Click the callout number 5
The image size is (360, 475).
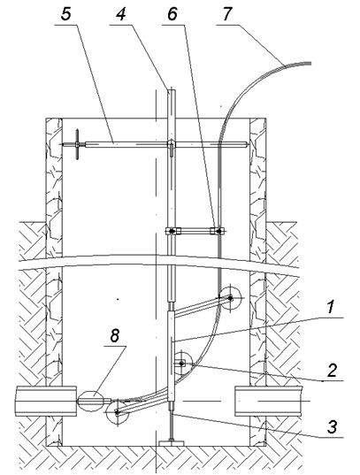pyautogui.click(x=66, y=14)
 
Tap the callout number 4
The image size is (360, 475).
pyautogui.click(x=120, y=14)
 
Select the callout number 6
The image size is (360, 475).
pyautogui.click(x=172, y=14)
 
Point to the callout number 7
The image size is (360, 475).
pyautogui.click(x=227, y=14)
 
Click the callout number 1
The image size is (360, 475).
pyautogui.click(x=332, y=307)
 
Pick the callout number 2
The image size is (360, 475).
pyautogui.click(x=332, y=370)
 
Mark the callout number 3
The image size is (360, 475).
pyautogui.click(x=332, y=427)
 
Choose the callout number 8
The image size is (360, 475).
pyautogui.click(x=115, y=336)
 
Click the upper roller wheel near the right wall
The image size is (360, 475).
pyautogui.click(x=230, y=298)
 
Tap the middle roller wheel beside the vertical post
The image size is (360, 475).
pyautogui.click(x=181, y=364)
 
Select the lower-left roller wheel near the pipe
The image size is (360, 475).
pyautogui.click(x=118, y=411)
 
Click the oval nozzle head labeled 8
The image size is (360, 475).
pyautogui.click(x=91, y=401)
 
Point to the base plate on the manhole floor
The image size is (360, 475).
pyautogui.click(x=172, y=443)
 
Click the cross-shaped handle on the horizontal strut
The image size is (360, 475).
pyautogui.click(x=77, y=144)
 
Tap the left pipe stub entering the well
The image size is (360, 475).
pyautogui.click(x=46, y=401)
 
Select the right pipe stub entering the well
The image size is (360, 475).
pyautogui.click(x=269, y=401)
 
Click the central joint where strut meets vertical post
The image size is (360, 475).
pyautogui.click(x=172, y=145)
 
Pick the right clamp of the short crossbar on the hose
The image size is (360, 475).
pyautogui.click(x=218, y=231)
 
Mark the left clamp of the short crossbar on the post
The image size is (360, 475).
pyautogui.click(x=172, y=231)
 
